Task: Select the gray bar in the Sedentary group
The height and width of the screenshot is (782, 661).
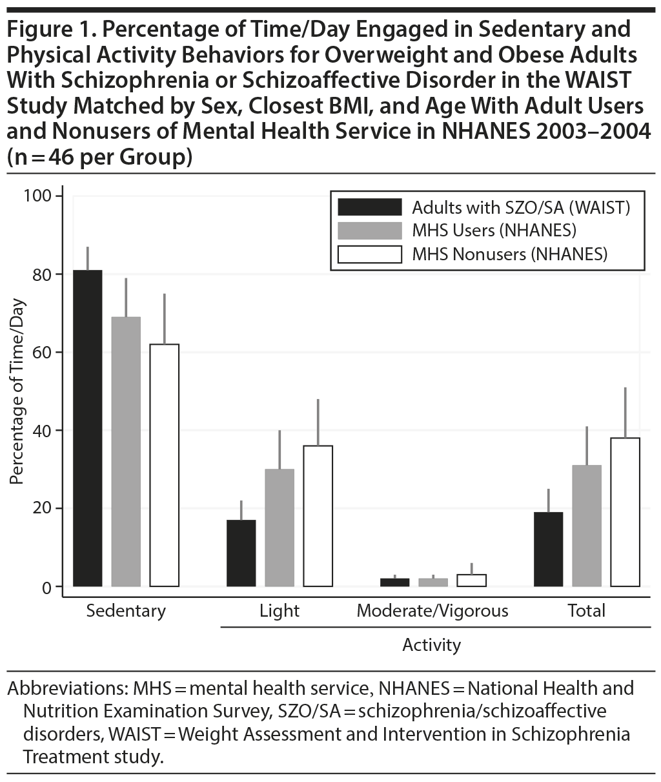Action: coord(126,451)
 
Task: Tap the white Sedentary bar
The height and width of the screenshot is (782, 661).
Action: coord(165,465)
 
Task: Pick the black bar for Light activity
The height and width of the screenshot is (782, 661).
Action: coord(241,553)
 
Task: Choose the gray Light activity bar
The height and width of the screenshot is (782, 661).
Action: coord(280,528)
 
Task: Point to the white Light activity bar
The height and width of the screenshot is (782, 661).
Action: coord(318,516)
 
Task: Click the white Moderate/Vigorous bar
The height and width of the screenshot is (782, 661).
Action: coord(471,581)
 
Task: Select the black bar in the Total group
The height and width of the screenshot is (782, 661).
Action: coord(549,549)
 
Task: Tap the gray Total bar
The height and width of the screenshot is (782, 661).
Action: coord(587,526)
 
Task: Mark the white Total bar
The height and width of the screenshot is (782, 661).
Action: coord(625,512)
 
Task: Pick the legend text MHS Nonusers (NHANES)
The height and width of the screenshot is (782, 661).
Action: coord(510,254)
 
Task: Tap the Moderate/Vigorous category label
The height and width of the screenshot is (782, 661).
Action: coord(432,610)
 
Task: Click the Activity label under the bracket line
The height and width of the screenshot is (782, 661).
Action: coord(431,644)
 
